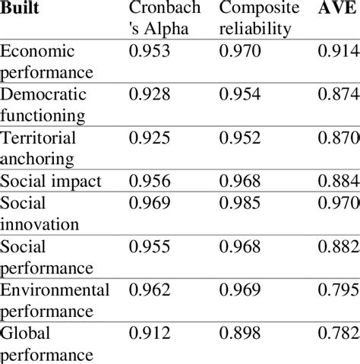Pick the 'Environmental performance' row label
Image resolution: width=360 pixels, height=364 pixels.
55,299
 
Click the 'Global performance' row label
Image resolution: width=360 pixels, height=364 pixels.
47,343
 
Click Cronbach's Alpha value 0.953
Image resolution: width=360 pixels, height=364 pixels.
150,52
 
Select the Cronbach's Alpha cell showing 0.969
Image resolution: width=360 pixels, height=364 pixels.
150,204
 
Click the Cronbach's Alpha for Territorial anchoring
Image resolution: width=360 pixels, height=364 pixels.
150,139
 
